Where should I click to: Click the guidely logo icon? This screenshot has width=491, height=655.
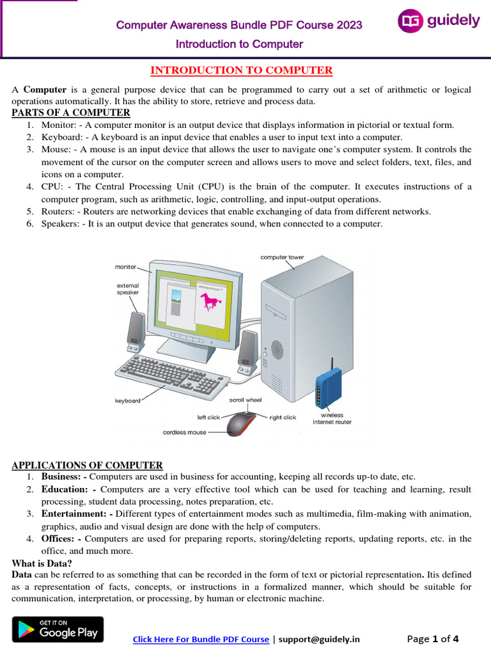pos(410,21)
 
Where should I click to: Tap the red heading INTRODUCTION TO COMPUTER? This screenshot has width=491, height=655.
pos(241,70)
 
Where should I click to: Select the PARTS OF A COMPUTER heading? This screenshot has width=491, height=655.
pos(71,113)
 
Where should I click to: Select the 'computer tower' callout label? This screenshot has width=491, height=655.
pos(282,257)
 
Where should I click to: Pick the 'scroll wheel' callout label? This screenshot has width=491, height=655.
pos(245,400)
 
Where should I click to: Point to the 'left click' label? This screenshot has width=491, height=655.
pos(208,417)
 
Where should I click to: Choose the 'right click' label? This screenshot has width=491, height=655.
pos(283,417)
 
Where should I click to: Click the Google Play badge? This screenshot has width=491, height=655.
pos(58,629)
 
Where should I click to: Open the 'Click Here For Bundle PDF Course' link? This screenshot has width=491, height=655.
pos(201,639)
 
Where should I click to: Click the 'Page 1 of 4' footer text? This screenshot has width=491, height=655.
pos(433,638)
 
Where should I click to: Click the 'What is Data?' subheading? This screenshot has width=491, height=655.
pos(42,564)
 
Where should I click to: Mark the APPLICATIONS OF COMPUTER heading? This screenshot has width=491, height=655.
pos(88,465)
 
